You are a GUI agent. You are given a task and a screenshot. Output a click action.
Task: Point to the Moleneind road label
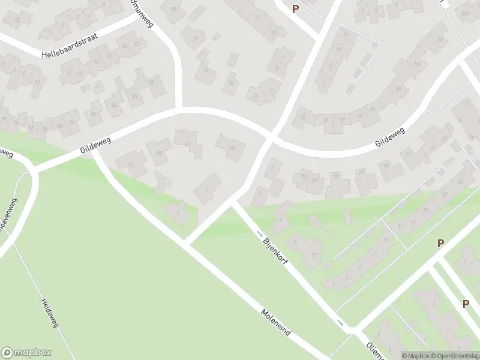(x=277, y=323)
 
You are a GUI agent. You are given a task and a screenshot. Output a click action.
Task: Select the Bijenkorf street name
(x=277, y=255)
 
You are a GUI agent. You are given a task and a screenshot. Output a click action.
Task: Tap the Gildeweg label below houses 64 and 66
(x=390, y=137)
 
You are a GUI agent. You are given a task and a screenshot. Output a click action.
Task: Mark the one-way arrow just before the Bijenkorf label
(x=260, y=233)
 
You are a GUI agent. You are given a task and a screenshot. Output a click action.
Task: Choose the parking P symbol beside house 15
(x=441, y=243)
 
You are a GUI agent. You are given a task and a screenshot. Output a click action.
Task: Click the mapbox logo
(x=27, y=353)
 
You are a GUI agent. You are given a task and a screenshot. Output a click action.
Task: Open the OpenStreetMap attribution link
(x=454, y=355)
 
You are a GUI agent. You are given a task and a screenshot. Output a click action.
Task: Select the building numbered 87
(x=187, y=143)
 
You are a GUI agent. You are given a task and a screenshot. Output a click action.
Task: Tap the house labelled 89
(x=160, y=154)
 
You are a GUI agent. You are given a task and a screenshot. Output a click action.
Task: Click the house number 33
(x=460, y=181)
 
